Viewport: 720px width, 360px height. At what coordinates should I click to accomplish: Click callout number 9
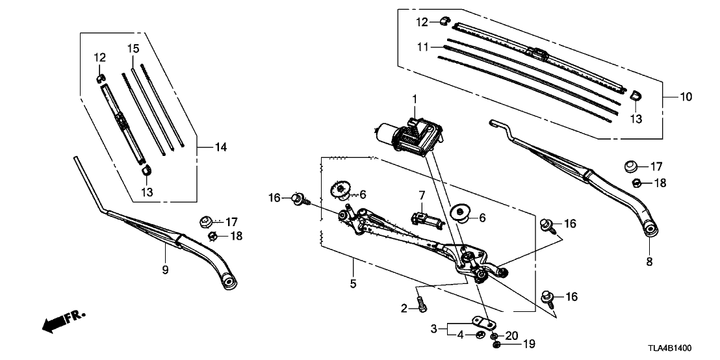click(165, 269)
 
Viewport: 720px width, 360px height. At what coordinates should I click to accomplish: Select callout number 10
click(686, 97)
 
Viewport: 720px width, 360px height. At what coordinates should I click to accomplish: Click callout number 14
click(221, 148)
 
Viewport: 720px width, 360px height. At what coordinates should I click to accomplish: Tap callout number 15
click(133, 49)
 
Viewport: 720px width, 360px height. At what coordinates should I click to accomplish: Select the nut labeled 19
click(496, 343)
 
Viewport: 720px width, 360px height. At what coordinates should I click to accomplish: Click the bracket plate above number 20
click(481, 322)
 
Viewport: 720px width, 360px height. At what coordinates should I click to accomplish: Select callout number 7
click(422, 194)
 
